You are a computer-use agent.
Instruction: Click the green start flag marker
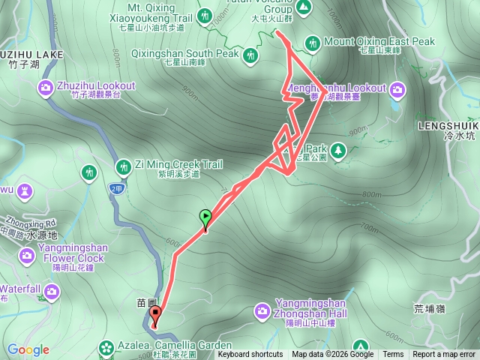(x=205, y=218)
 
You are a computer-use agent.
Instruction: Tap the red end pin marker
(x=155, y=316)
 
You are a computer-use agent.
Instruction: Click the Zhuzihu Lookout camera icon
(x=46, y=89)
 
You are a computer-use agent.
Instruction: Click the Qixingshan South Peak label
(x=184, y=54)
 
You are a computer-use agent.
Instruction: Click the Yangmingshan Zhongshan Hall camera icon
(x=262, y=309)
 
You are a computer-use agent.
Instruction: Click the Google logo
(x=28, y=349)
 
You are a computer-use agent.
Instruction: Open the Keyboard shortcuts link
(x=250, y=355)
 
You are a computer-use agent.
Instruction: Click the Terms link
(x=393, y=355)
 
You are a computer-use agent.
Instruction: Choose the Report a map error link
(x=445, y=355)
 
